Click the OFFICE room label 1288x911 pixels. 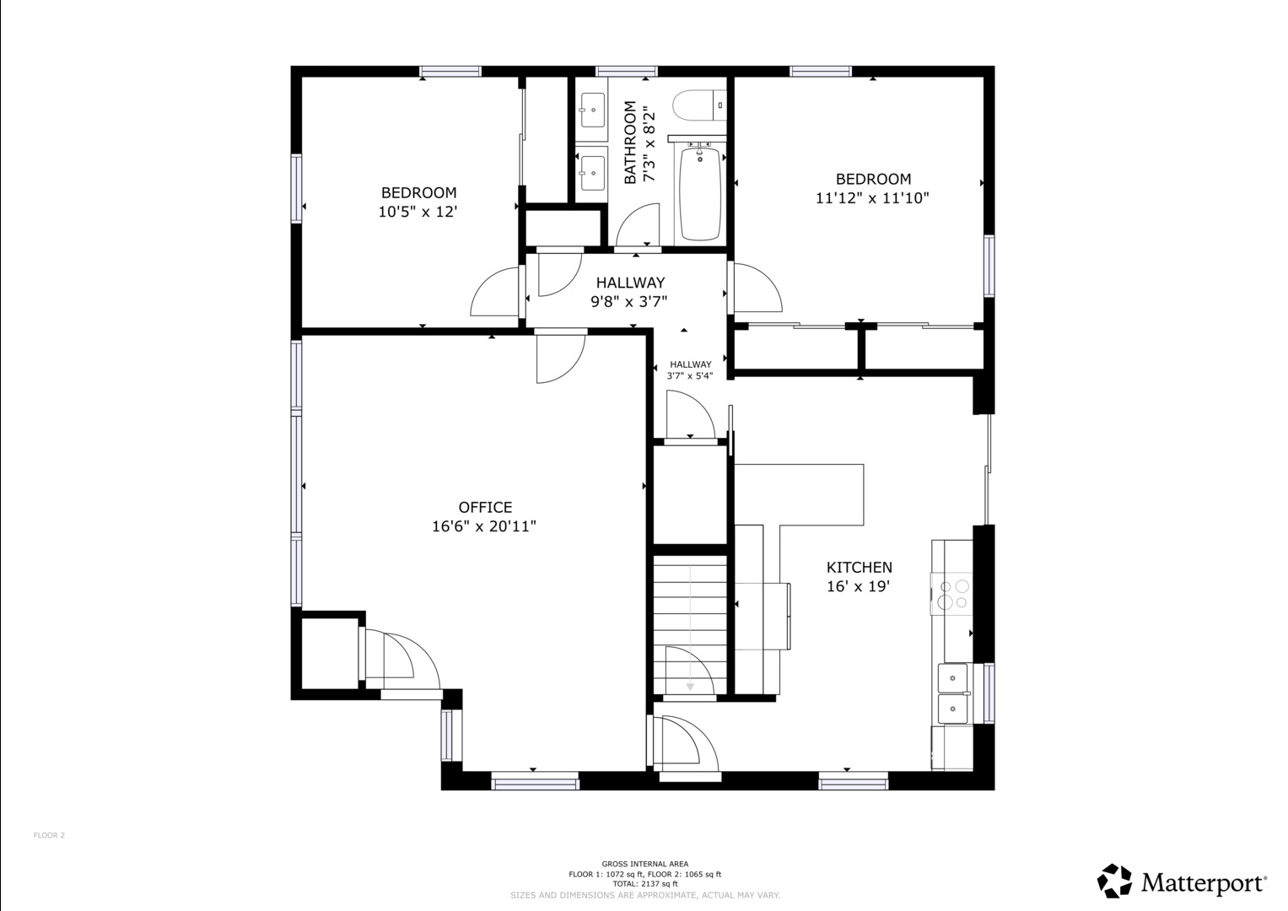pyautogui.click(x=485, y=507)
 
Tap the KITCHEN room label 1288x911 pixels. pyautogui.click(x=859, y=568)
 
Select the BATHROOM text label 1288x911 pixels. pyautogui.click(x=630, y=143)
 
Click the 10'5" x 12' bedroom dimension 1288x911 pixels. pyautogui.click(x=418, y=212)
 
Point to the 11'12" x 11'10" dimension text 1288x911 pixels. pyautogui.click(x=872, y=198)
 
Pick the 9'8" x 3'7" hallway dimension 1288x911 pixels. pyautogui.click(x=629, y=301)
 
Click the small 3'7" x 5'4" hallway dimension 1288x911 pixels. pyautogui.click(x=690, y=376)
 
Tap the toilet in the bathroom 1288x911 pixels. pyautogui.click(x=699, y=105)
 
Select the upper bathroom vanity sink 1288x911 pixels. pyautogui.click(x=591, y=110)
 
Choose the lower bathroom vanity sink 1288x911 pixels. pyautogui.click(x=591, y=172)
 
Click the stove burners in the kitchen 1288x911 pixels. pyautogui.click(x=953, y=594)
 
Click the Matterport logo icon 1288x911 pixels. pyautogui.click(x=1114, y=897)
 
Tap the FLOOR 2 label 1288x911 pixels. pyautogui.click(x=50, y=835)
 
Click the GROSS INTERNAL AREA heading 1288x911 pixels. pyautogui.click(x=644, y=863)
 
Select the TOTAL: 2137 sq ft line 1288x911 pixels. pyautogui.click(x=644, y=884)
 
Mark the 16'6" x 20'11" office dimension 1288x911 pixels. pyautogui.click(x=484, y=526)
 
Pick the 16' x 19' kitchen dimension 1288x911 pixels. pyautogui.click(x=859, y=586)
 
